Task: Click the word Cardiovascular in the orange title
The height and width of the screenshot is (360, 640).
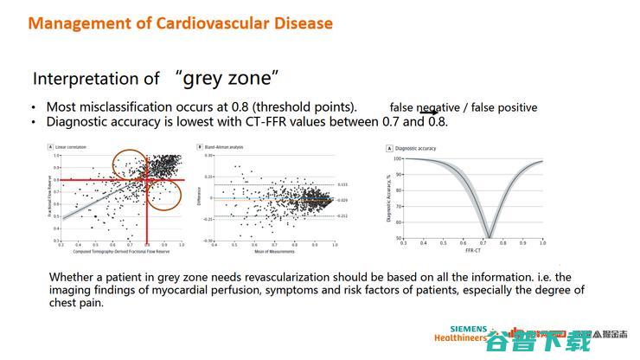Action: point(199,23)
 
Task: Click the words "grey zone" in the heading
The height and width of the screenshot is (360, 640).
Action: point(227,78)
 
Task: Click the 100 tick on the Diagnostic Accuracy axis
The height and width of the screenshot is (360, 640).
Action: point(399,158)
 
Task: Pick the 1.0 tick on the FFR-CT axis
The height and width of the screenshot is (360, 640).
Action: point(542,244)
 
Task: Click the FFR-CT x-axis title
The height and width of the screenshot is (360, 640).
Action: point(470,251)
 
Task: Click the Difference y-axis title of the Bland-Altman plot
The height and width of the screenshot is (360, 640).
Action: point(199,197)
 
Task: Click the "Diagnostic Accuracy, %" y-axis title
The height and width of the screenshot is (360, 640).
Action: point(390,197)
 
